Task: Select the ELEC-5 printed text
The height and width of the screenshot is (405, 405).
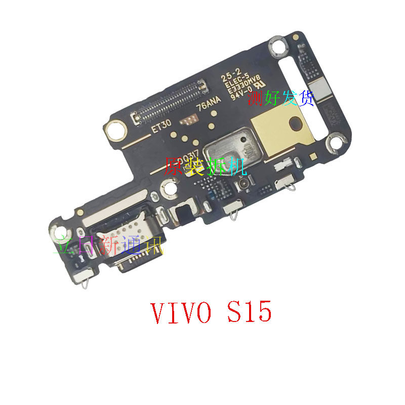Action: coord(234,82)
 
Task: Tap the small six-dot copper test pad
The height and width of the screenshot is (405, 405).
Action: coord(191,120)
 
